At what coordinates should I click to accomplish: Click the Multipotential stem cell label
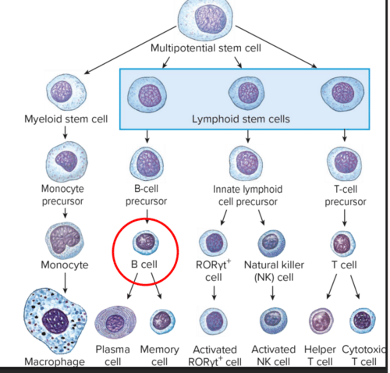205,48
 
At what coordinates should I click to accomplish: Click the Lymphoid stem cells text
241,119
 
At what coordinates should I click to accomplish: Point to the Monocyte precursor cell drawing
67,162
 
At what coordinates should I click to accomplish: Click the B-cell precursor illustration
147,164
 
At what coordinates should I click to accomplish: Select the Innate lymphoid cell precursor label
248,196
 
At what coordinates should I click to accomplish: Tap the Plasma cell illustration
115,323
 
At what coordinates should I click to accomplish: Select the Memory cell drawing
162,322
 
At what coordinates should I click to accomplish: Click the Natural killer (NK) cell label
274,271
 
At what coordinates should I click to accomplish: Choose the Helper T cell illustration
321,321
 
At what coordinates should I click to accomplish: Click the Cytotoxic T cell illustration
362,320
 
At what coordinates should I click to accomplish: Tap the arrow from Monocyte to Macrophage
65,283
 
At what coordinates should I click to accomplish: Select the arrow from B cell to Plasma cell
133,286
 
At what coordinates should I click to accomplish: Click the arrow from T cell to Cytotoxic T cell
355,287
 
